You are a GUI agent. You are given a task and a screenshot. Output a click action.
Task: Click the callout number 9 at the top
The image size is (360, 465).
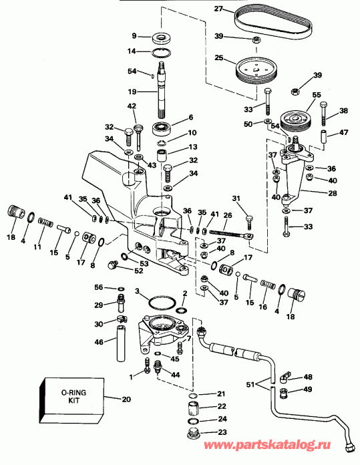(x=134, y=36)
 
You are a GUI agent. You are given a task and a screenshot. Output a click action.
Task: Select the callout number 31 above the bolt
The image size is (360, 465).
(x=236, y=198)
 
